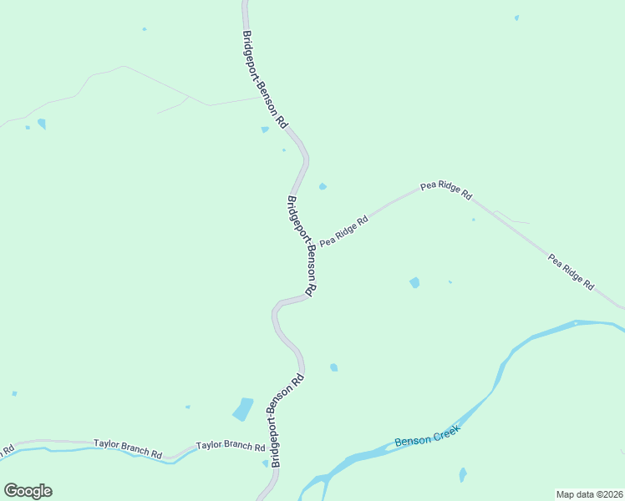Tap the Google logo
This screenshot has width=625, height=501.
tap(28, 490)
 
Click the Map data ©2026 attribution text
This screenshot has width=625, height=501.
tap(589, 494)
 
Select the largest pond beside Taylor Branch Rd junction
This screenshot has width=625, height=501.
tap(243, 409)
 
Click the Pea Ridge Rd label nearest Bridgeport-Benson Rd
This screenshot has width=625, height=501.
tap(343, 230)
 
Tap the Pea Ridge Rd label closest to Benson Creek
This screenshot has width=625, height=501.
tap(571, 271)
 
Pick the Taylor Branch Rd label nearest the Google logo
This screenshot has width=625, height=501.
tap(127, 448)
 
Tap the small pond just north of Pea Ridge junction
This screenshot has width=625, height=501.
tap(323, 186)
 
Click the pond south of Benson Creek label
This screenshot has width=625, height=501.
tap(462, 475)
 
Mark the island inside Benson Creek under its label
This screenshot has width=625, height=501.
tap(368, 456)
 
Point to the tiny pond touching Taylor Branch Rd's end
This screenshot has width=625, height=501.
tap(266, 463)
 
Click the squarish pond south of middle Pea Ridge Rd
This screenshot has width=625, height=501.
tap(414, 282)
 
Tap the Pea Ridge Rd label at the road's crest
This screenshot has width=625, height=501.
tap(446, 189)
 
